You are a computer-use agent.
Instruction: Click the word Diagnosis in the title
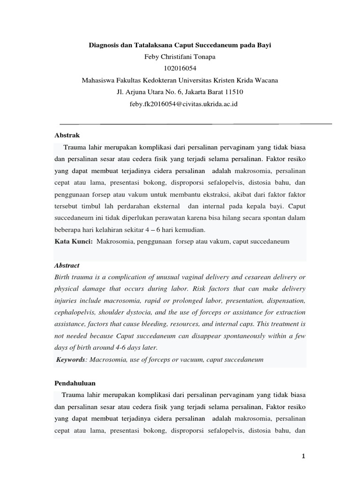click(x=104, y=46)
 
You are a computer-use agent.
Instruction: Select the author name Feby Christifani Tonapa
click(x=180, y=57)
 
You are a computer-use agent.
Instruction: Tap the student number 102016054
click(x=180, y=68)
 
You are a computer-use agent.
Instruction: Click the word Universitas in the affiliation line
click(x=199, y=80)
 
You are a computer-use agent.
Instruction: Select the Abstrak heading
click(x=67, y=135)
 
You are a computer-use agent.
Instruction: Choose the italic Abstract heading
click(x=67, y=265)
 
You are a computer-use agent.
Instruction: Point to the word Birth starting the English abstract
click(x=63, y=277)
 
